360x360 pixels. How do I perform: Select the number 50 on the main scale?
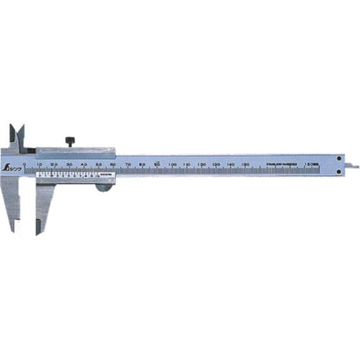click(x=98, y=164)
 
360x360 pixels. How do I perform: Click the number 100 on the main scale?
click(x=172, y=164)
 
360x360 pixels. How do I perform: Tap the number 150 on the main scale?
click(x=246, y=164)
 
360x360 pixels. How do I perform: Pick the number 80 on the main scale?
click(x=142, y=164)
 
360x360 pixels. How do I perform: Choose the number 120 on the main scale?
click(x=202, y=164)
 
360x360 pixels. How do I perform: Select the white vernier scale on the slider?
click(x=66, y=175)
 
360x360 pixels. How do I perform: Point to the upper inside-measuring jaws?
click(x=17, y=135)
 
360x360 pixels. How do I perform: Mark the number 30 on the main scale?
click(x=68, y=164)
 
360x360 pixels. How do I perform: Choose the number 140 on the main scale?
click(x=231, y=164)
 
